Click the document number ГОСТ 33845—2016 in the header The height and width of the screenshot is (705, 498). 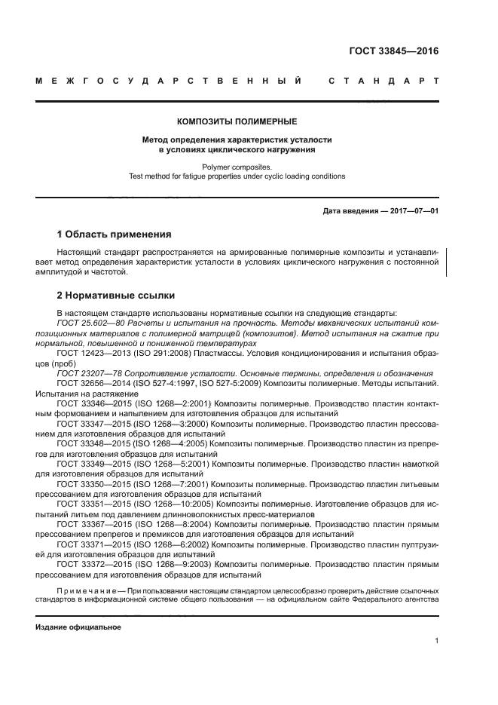[x=394, y=52]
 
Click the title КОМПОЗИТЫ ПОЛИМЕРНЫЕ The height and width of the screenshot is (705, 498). [x=237, y=121]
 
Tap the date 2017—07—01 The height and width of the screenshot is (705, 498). [x=412, y=211]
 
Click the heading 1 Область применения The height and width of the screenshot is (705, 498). [x=114, y=234]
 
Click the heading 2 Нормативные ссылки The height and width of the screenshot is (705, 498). [x=116, y=296]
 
